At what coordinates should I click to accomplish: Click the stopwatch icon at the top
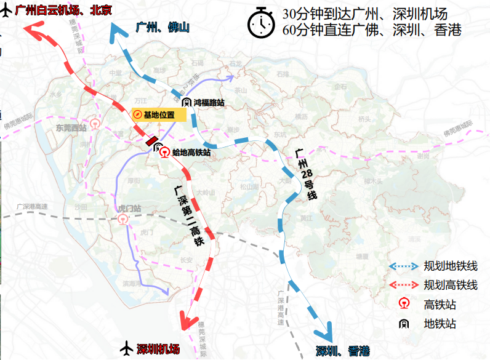[262, 23]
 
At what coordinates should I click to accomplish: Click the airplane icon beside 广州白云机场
[7, 12]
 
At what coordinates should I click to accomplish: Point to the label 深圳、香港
[343, 351]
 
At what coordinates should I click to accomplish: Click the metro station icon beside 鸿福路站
[185, 102]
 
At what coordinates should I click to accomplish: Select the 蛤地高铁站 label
[191, 152]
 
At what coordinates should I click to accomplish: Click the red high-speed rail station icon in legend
[403, 303]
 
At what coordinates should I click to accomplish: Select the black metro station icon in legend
[403, 322]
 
